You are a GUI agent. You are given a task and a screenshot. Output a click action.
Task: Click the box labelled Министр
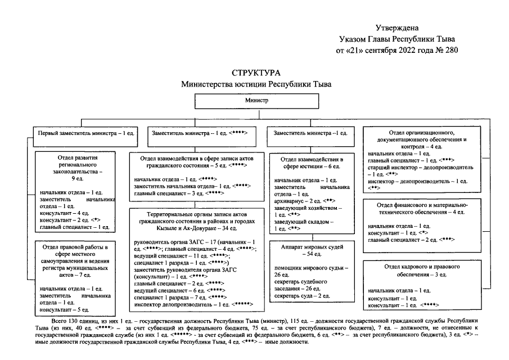(256, 100)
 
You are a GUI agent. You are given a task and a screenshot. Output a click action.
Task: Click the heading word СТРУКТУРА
(256, 74)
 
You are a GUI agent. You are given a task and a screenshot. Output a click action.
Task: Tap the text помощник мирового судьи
(311, 268)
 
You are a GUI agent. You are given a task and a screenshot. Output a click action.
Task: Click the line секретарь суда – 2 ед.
(302, 295)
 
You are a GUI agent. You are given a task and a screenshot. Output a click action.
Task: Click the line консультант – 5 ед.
(64, 309)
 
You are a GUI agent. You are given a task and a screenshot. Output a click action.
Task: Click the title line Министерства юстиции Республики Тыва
(256, 84)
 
